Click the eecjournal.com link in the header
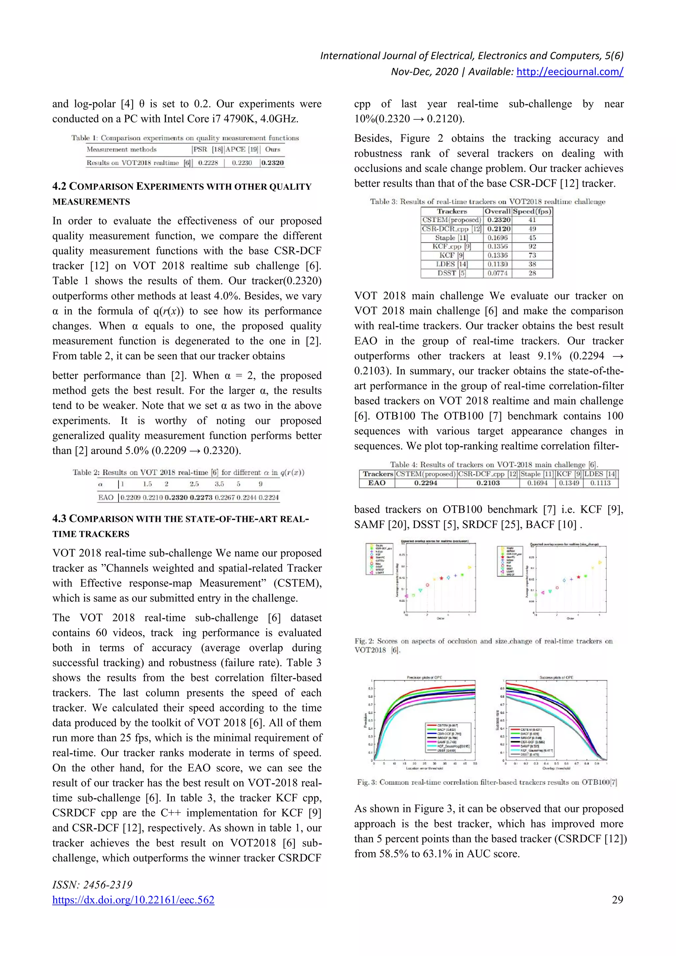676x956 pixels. (x=569, y=72)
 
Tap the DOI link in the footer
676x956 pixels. (x=133, y=900)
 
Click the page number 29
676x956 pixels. (x=617, y=900)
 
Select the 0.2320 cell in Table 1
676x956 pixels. (x=273, y=163)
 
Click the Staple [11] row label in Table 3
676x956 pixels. (x=451, y=238)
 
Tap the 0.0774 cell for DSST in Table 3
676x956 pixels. (x=498, y=273)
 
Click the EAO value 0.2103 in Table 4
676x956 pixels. (x=488, y=483)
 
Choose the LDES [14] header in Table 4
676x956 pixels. (x=600, y=474)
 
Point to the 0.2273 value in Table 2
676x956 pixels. (x=201, y=498)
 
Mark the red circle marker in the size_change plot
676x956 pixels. (x=557, y=588)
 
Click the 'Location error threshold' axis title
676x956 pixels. (x=424, y=768)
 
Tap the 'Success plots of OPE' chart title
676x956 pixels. (x=556, y=677)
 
